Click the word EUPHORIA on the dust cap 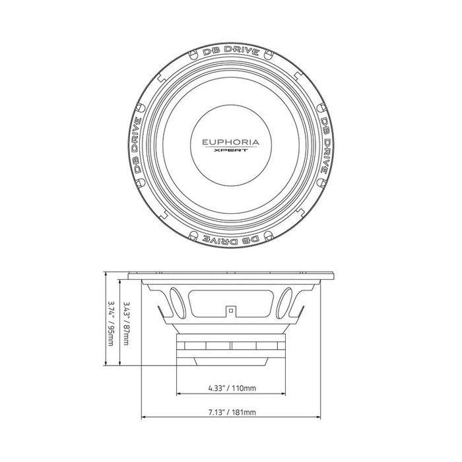tap(231, 143)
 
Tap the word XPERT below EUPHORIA tap(231, 150)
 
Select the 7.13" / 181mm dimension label tap(232, 412)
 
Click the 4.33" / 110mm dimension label tap(232, 388)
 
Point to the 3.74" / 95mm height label tap(111, 323)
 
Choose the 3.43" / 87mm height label tap(126, 323)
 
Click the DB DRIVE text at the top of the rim tap(231, 50)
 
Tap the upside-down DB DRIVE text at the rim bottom tap(231, 240)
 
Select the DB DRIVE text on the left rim tap(137, 145)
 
